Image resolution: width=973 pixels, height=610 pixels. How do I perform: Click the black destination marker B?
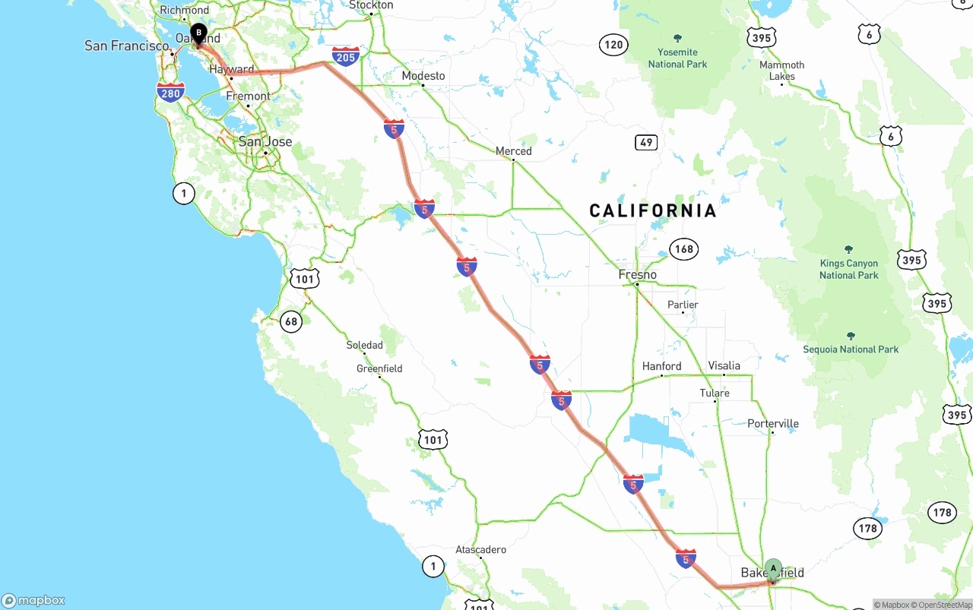click(198, 33)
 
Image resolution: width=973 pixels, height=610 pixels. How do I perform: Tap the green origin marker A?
click(773, 568)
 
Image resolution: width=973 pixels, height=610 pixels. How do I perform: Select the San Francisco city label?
click(127, 46)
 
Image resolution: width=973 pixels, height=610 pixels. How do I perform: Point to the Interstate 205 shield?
click(346, 55)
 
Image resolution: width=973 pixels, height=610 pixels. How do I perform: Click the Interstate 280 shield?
click(171, 93)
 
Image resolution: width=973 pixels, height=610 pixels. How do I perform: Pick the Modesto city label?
click(423, 76)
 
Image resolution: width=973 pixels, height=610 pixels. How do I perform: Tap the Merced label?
click(514, 151)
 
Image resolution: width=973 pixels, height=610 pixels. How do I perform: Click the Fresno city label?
click(638, 274)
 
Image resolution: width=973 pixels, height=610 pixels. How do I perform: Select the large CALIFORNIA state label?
click(653, 210)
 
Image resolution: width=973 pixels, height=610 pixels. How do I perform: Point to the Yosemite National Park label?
click(677, 58)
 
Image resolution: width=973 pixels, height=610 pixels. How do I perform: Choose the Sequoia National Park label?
click(851, 349)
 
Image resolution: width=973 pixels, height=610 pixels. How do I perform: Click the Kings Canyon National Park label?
click(848, 269)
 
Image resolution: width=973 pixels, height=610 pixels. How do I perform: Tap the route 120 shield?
click(613, 45)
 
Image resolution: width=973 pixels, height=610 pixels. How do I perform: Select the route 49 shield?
click(646, 142)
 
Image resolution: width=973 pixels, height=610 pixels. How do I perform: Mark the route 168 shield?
click(684, 248)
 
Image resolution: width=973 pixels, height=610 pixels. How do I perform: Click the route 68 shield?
click(291, 321)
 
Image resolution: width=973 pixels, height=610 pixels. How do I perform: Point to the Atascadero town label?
click(480, 549)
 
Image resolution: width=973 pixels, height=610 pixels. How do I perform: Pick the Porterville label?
click(773, 423)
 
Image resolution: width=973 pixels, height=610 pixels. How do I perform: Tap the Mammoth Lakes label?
click(781, 71)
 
